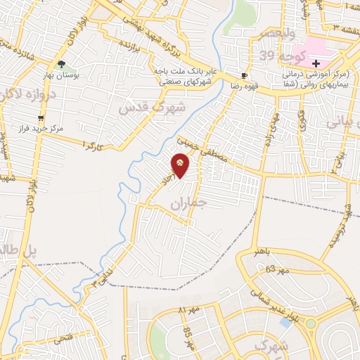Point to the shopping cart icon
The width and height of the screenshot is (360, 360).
coord(41,118)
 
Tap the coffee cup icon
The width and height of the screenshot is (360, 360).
coord(244,75)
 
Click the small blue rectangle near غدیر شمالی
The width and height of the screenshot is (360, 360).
coord(284,321)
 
